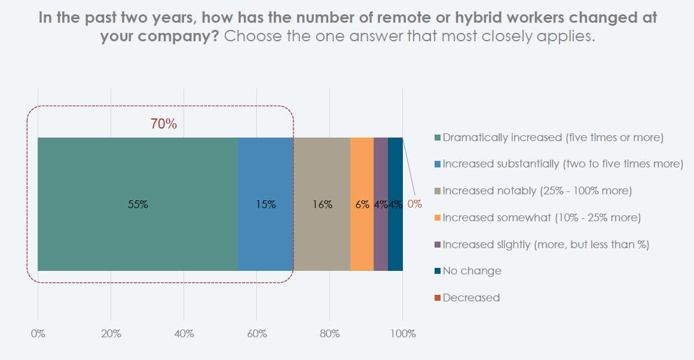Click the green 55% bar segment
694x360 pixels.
tap(137, 204)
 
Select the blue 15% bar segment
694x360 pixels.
tap(265, 204)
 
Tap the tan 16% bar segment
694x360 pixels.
tap(322, 204)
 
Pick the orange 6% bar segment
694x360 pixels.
tap(362, 204)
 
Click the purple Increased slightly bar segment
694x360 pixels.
tap(381, 204)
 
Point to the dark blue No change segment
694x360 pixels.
tap(395, 204)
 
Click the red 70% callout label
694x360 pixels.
tap(163, 124)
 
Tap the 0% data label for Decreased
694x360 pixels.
tap(415, 204)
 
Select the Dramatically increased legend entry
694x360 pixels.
tap(549, 138)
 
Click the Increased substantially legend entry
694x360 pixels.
tap(558, 164)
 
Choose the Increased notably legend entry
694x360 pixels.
tap(533, 191)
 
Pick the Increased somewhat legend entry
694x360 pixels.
tap(537, 218)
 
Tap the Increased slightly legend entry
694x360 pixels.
tap(542, 245)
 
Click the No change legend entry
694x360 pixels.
tap(468, 271)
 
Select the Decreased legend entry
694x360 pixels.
tap(467, 298)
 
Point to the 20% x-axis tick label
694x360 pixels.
tap(111, 334)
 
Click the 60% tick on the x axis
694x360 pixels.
tap(256, 334)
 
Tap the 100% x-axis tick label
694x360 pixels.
tap(403, 334)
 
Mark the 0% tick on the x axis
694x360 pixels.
tap(38, 334)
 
